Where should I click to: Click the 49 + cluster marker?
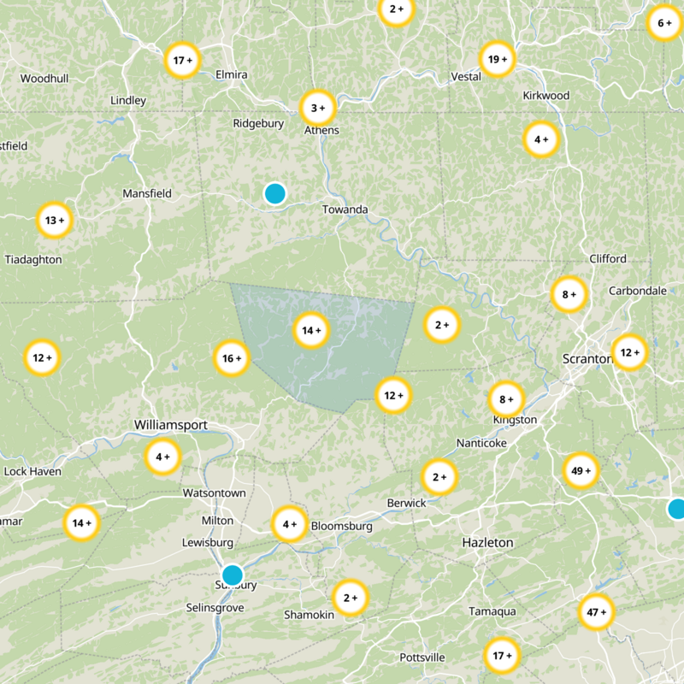(581, 470)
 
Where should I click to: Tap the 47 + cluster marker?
(597, 611)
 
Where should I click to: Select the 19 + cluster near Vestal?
(498, 59)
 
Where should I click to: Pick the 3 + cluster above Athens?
(318, 109)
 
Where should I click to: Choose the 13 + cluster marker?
(55, 221)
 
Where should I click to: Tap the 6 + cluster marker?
(664, 23)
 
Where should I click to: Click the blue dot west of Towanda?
(274, 193)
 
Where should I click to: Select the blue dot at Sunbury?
(232, 575)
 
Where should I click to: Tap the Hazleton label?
(487, 543)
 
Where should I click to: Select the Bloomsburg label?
(342, 527)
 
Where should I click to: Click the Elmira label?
(232, 75)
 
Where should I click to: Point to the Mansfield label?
(147, 194)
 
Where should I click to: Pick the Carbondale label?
(637, 291)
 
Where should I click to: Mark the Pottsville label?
(422, 657)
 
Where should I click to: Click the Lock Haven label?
(32, 471)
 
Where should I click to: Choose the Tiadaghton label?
(32, 259)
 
